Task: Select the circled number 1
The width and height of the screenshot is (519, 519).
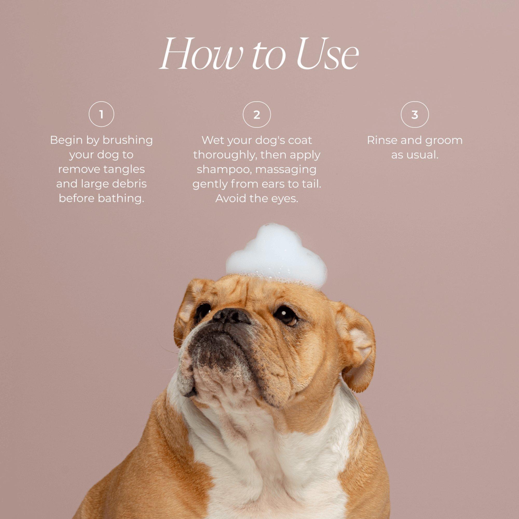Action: click(x=101, y=115)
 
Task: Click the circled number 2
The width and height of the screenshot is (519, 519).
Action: click(x=257, y=115)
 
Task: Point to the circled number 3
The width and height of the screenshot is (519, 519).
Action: click(x=414, y=115)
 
